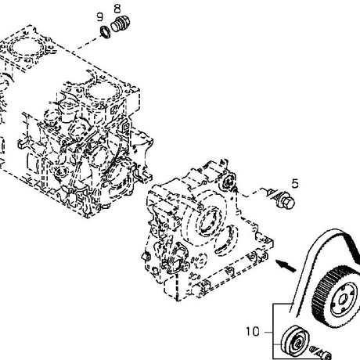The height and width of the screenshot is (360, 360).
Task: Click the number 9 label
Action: (x=100, y=17)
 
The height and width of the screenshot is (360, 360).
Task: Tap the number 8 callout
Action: (x=117, y=9)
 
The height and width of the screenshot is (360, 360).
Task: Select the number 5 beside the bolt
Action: (x=295, y=184)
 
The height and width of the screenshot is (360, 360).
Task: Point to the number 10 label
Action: (x=253, y=332)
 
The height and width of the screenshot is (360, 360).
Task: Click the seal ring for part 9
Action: (x=106, y=32)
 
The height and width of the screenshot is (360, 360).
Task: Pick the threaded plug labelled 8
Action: (x=121, y=24)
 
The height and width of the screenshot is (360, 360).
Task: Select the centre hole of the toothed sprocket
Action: (x=343, y=301)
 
